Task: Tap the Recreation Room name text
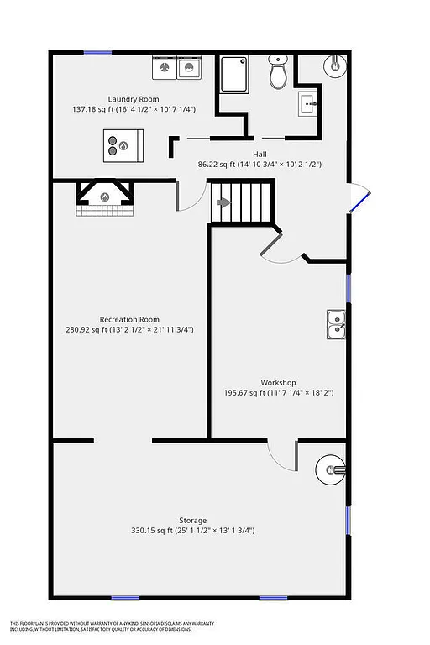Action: coord(129,319)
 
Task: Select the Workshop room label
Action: coord(278,382)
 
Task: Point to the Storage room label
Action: coord(192,520)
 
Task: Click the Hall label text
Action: coord(260,154)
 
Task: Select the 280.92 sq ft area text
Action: coord(129,330)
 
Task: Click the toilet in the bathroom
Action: coord(278,74)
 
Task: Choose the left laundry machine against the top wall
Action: coord(164,66)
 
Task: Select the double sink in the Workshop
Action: coord(337,323)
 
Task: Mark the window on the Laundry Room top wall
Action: coord(97,53)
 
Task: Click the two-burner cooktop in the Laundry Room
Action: coord(123,145)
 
